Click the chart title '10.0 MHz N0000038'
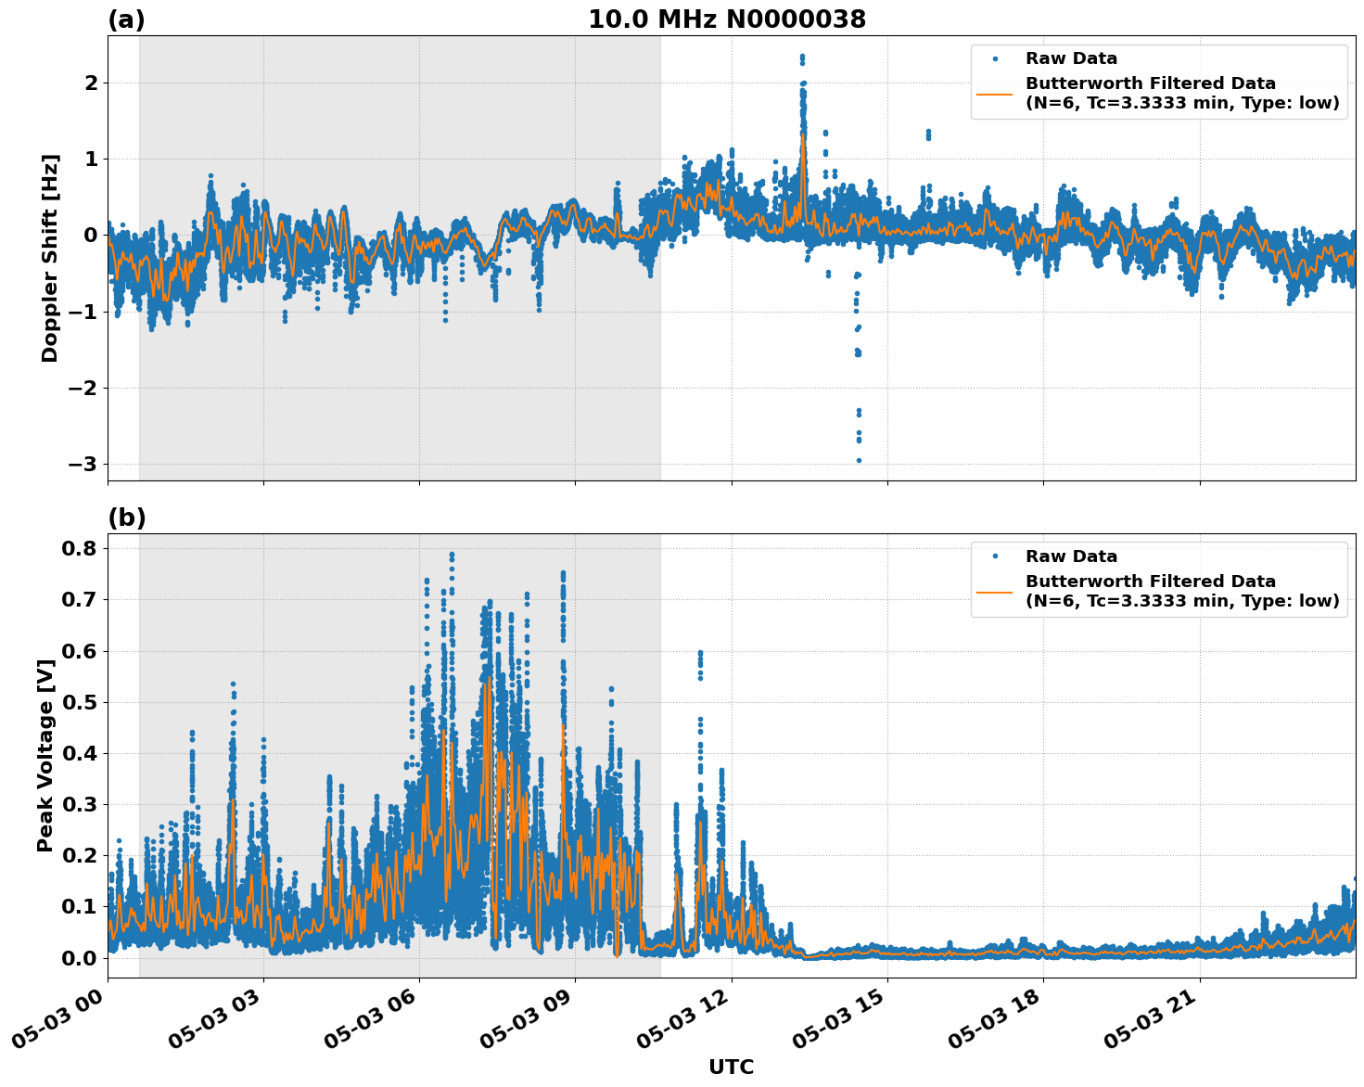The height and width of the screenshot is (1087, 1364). (727, 19)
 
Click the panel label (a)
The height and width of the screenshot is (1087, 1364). (126, 19)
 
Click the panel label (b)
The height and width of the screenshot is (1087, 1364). (126, 518)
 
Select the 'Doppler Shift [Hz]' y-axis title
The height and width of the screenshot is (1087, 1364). (50, 258)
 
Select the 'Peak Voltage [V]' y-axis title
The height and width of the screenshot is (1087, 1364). (45, 756)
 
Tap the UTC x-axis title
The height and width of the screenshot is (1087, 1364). (731, 1067)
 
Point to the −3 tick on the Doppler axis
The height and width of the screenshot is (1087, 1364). (84, 464)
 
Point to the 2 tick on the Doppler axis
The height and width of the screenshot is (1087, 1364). (91, 83)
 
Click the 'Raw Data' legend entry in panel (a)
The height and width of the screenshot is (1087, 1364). (1071, 58)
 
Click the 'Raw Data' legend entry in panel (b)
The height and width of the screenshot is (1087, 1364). (1071, 556)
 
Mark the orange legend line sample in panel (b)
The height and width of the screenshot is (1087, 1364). (994, 591)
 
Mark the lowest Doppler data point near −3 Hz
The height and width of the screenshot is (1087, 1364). (859, 460)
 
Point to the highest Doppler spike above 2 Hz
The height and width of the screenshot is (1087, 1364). (802, 57)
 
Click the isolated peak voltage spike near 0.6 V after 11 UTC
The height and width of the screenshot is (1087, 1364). (700, 653)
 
